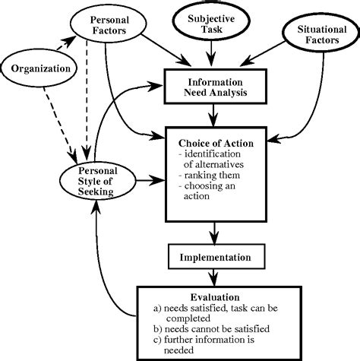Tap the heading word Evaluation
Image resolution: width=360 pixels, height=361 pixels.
coord(216,298)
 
